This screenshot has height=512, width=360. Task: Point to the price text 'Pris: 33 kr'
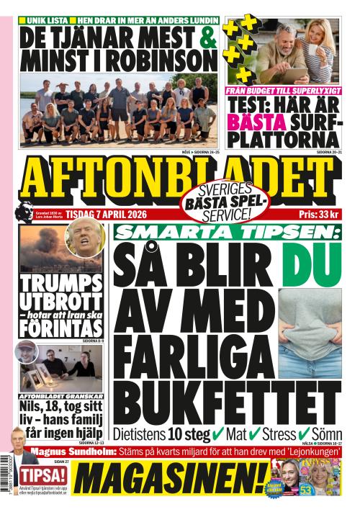tap(318, 215)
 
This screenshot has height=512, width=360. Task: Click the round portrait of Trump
tap(84, 238)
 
